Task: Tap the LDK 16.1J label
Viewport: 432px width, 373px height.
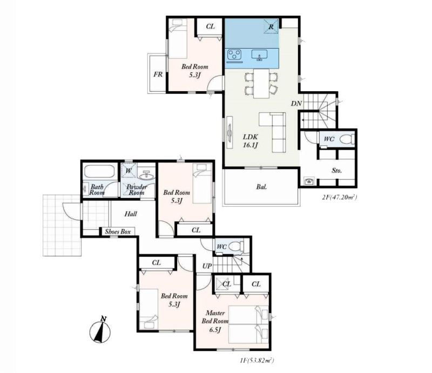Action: tap(250, 141)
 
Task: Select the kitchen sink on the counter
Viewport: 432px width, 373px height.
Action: tap(259, 55)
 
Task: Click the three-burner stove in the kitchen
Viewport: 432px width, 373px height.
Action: tap(234, 55)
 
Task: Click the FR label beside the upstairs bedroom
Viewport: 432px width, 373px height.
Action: tap(158, 74)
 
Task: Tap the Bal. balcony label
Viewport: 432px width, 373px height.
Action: tap(261, 187)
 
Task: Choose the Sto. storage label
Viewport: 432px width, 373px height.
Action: tap(336, 171)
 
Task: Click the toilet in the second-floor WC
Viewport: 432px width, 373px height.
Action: tap(347, 139)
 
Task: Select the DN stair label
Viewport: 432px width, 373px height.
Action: tap(296, 104)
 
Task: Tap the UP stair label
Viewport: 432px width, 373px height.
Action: tap(207, 266)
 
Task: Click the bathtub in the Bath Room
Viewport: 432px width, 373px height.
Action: tap(99, 171)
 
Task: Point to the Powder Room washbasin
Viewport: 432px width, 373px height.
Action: tap(145, 175)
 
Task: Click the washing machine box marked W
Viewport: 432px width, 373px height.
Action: tap(129, 171)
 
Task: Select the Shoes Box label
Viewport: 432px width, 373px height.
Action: tap(118, 232)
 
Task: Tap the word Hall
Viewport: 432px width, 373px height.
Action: tap(131, 214)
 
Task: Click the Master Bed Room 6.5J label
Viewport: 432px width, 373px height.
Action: tap(215, 321)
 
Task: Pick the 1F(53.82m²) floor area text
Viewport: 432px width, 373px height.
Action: tap(256, 361)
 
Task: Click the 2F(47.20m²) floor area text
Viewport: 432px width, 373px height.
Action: tap(340, 197)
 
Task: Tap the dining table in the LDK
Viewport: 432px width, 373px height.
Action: tap(261, 83)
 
